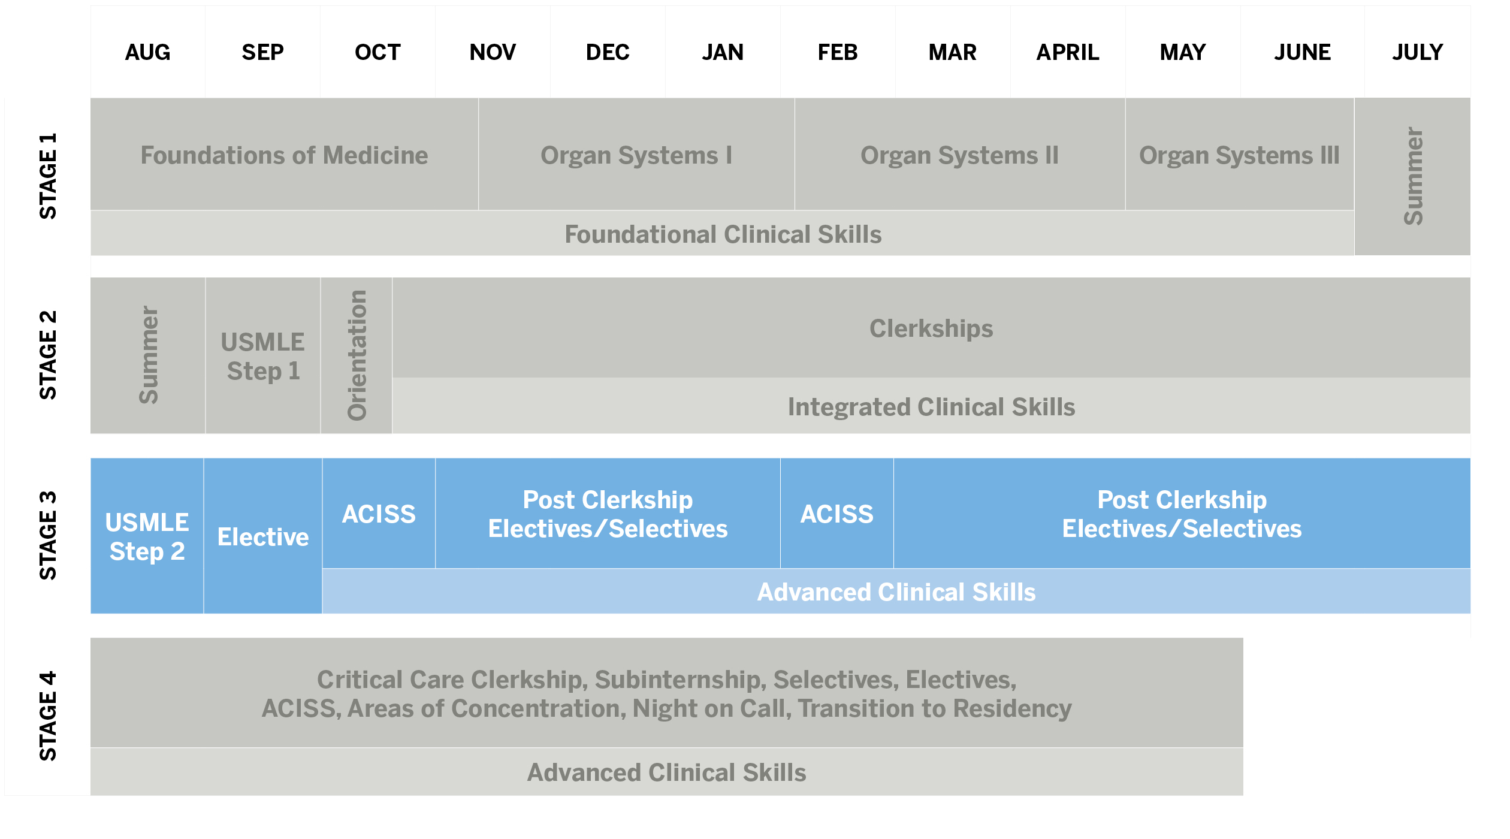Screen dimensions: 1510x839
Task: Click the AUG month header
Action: [147, 52]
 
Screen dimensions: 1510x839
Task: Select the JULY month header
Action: [1417, 52]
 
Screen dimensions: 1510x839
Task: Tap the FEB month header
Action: [838, 52]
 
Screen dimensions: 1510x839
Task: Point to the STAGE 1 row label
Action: [48, 176]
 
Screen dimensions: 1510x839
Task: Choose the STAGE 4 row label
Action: [48, 716]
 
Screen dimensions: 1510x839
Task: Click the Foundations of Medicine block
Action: [285, 154]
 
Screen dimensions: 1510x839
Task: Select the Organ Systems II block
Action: [960, 154]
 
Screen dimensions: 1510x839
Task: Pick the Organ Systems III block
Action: [1240, 154]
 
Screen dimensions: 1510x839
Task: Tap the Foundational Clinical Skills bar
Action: [723, 233]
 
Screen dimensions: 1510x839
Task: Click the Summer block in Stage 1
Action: [1412, 177]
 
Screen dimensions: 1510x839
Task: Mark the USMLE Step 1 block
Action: [263, 355]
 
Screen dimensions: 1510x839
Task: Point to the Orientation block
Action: [357, 355]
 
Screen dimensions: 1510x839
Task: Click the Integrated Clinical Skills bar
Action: [931, 406]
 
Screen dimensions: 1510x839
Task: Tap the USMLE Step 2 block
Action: [147, 536]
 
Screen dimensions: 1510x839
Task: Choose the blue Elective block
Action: [263, 536]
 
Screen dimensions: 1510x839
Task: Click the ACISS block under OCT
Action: [379, 513]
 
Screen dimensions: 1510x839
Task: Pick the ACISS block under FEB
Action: [837, 513]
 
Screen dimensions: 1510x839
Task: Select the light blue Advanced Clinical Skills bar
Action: [896, 591]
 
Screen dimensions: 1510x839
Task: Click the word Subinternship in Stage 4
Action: [680, 680]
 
